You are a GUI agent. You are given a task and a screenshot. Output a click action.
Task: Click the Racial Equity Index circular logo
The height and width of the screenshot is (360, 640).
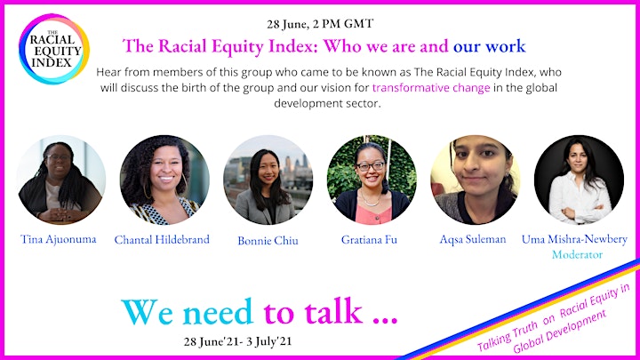pyautogui.click(x=54, y=49)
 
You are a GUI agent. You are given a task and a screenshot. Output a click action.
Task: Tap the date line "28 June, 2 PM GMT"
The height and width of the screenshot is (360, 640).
pyautogui.click(x=320, y=24)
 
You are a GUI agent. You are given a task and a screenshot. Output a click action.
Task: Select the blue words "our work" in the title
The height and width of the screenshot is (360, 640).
pyautogui.click(x=489, y=45)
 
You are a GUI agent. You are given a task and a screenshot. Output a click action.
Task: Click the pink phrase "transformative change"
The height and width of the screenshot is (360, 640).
pyautogui.click(x=431, y=88)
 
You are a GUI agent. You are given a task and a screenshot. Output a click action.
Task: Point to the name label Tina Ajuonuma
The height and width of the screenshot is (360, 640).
pyautogui.click(x=59, y=239)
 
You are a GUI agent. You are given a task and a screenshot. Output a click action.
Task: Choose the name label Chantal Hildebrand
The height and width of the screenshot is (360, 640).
pyautogui.click(x=162, y=239)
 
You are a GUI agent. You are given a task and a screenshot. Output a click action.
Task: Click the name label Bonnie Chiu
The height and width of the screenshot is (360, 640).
pyautogui.click(x=268, y=240)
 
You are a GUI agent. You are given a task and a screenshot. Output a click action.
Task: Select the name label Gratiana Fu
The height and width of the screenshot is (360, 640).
pyautogui.click(x=369, y=239)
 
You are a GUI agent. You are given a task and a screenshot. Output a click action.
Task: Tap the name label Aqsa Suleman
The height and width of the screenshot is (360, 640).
pyautogui.click(x=473, y=239)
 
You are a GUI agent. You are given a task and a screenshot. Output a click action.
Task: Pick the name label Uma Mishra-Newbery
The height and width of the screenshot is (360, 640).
pyautogui.click(x=574, y=239)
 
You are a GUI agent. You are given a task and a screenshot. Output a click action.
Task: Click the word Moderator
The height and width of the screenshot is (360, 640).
pyautogui.click(x=577, y=254)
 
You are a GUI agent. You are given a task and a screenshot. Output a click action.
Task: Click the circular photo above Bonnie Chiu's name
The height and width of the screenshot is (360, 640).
pyautogui.click(x=268, y=180)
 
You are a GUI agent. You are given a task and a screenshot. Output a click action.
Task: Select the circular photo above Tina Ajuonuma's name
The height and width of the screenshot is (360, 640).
pyautogui.click(x=61, y=180)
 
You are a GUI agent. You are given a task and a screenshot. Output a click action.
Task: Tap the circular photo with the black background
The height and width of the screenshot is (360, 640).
pyautogui.click(x=579, y=180)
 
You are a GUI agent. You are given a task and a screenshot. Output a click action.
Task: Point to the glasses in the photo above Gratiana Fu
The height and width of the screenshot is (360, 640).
pyautogui.click(x=370, y=166)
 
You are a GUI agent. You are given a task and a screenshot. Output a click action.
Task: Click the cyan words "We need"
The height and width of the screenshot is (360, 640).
pyautogui.click(x=188, y=312)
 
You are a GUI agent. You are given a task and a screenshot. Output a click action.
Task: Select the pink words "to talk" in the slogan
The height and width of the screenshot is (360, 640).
pyautogui.click(x=313, y=312)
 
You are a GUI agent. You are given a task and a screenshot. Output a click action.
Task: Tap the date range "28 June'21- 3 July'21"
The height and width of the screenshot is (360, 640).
pyautogui.click(x=237, y=341)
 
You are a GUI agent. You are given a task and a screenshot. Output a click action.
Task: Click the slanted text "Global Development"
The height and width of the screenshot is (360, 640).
pyautogui.click(x=559, y=332)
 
